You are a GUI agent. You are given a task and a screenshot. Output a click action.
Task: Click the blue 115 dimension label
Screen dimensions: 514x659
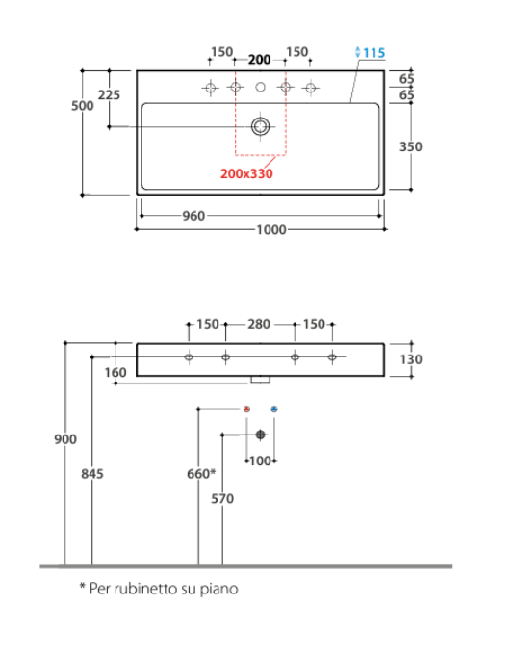pyautogui.click(x=373, y=53)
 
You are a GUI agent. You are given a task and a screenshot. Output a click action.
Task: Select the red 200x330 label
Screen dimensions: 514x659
pyautogui.click(x=246, y=173)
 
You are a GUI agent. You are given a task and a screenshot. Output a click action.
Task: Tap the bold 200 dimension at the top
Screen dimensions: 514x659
pyautogui.click(x=259, y=60)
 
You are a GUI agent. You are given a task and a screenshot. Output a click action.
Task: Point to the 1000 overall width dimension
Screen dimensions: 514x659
pyautogui.click(x=271, y=230)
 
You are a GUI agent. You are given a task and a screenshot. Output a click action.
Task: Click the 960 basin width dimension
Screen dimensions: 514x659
pyautogui.click(x=193, y=216)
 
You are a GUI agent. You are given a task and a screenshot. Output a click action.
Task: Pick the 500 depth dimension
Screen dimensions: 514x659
pyautogui.click(x=83, y=105)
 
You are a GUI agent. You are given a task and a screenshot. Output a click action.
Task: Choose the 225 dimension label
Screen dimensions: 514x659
pyautogui.click(x=109, y=95)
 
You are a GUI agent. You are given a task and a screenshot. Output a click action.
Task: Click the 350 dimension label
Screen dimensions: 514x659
pyautogui.click(x=411, y=146)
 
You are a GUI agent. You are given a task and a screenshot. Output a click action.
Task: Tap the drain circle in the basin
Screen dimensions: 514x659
pyautogui.click(x=260, y=126)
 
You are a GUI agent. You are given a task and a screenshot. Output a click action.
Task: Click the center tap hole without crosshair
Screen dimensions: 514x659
pyautogui.click(x=260, y=87)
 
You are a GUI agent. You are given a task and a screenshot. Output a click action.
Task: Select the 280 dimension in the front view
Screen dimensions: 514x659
pyautogui.click(x=259, y=324)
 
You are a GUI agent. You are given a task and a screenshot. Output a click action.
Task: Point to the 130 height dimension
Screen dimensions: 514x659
pyautogui.click(x=411, y=359)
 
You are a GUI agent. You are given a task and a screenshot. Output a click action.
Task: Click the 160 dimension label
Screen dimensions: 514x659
pyautogui.click(x=116, y=372)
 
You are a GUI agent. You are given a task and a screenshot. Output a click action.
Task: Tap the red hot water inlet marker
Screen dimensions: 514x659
pyautogui.click(x=247, y=409)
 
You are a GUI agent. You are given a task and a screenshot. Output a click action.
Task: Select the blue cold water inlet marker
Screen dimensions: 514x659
pyautogui.click(x=274, y=409)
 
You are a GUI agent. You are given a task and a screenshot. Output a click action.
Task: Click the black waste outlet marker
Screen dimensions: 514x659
pyautogui.click(x=260, y=435)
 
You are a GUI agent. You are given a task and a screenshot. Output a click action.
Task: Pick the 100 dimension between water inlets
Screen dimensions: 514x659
pyautogui.click(x=260, y=461)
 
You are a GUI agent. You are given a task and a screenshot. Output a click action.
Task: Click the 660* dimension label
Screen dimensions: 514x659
pyautogui.click(x=201, y=474)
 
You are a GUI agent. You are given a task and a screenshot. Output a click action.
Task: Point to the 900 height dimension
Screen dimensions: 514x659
pyautogui.click(x=65, y=439)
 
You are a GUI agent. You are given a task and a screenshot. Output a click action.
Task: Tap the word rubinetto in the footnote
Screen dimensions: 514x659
pyautogui.click(x=145, y=589)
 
